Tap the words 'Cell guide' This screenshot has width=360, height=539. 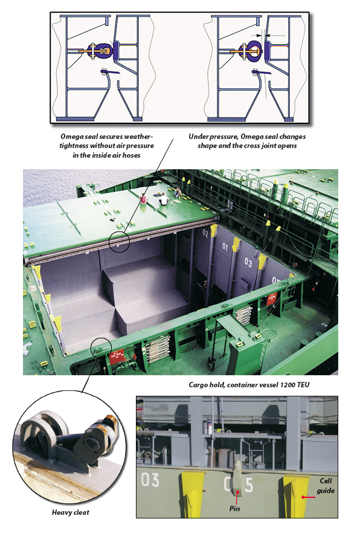click(x=327, y=485)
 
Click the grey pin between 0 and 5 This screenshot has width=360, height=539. click(x=237, y=477)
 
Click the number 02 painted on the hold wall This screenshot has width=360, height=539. click(x=206, y=232)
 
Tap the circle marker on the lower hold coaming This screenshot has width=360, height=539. click(x=100, y=347)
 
